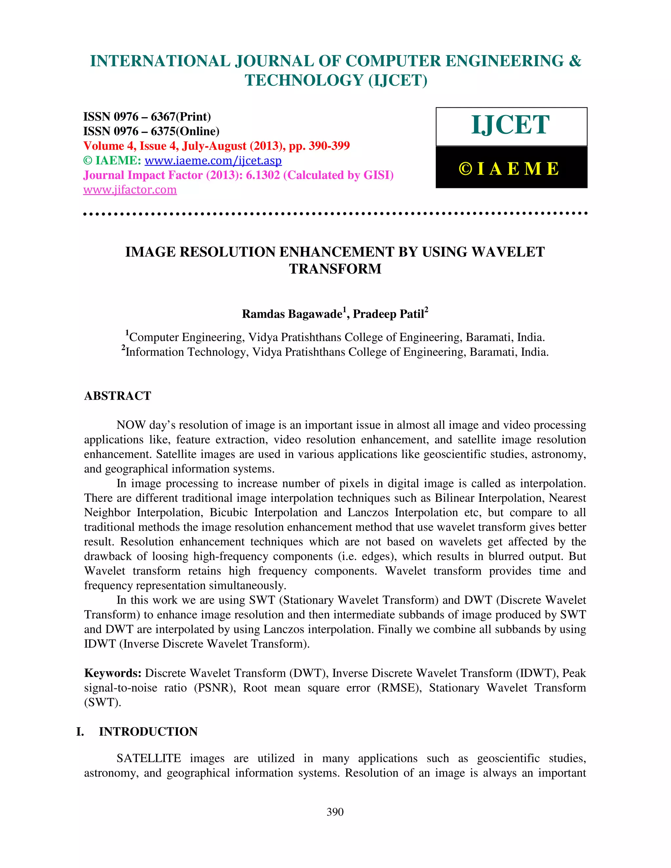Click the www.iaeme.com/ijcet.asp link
point(213,160)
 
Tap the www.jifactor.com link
point(130,190)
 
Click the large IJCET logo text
point(510,125)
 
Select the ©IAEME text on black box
point(510,168)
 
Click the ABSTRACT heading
point(118,396)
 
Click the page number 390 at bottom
point(335,812)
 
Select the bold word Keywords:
point(113,673)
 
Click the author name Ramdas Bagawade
point(292,314)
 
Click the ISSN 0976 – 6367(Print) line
point(147,117)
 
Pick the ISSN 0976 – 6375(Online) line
point(151,131)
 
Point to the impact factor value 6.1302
point(263,175)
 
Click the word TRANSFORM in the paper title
point(335,269)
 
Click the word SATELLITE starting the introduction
point(149,758)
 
